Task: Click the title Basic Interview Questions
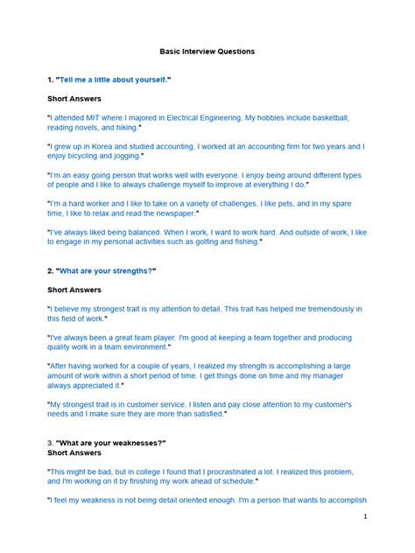coord(207,52)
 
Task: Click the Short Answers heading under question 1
coord(74,99)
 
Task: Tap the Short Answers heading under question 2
coord(74,290)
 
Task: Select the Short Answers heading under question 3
coord(74,453)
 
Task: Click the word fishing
coord(242,241)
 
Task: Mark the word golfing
coord(206,241)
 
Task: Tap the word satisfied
coord(204,413)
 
